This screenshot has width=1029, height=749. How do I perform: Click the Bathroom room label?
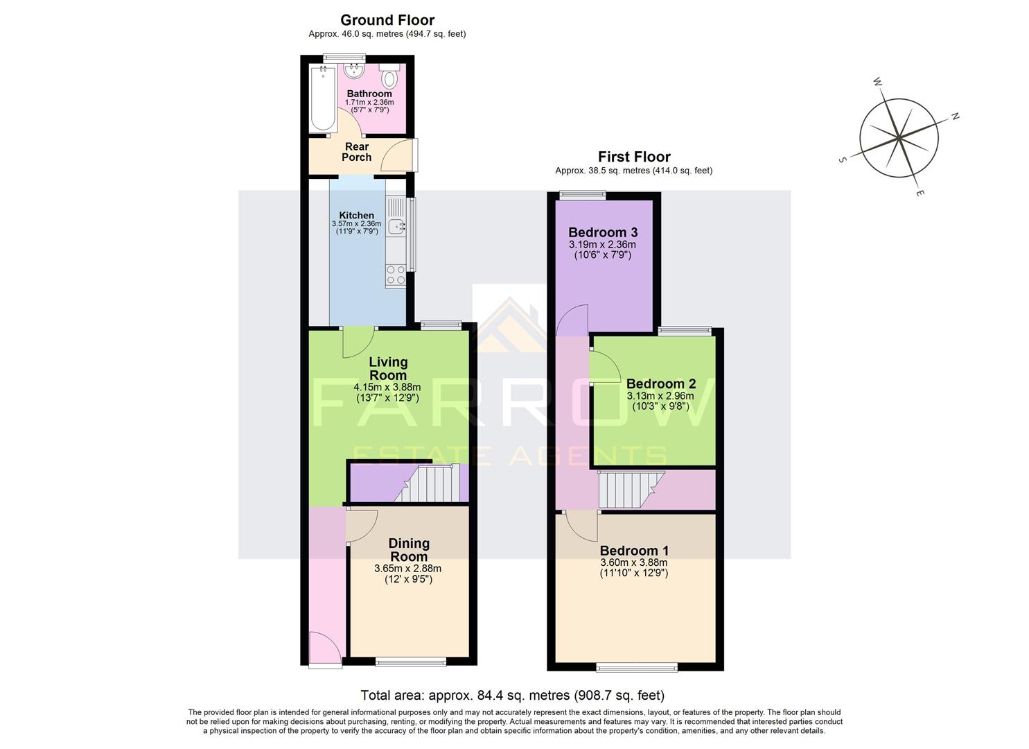pos(369,94)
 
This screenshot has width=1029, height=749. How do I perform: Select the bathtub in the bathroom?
pos(322,98)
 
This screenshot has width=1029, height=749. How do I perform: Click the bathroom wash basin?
pos(355,70)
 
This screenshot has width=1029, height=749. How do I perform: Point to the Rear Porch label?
pos(357,152)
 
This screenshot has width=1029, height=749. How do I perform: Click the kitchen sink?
pos(397,225)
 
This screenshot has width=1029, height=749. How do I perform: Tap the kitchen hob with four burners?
pos(396,275)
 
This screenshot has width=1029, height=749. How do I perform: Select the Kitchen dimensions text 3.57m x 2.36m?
pos(356,224)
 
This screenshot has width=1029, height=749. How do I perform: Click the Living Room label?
pos(388,368)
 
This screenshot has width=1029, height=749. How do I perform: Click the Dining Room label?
pos(409,550)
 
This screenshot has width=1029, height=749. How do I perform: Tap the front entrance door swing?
pos(324,648)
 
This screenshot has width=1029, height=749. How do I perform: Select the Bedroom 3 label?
pos(603,232)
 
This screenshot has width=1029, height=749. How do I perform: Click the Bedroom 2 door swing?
pos(600,366)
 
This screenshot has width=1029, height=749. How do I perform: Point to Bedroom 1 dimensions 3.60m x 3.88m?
pos(633,562)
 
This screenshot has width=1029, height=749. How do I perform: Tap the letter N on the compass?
pos(954,117)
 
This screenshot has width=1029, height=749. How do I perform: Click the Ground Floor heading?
pos(387,20)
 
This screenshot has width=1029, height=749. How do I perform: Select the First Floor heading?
pos(634,157)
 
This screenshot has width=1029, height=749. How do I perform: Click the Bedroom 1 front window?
pos(637,667)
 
